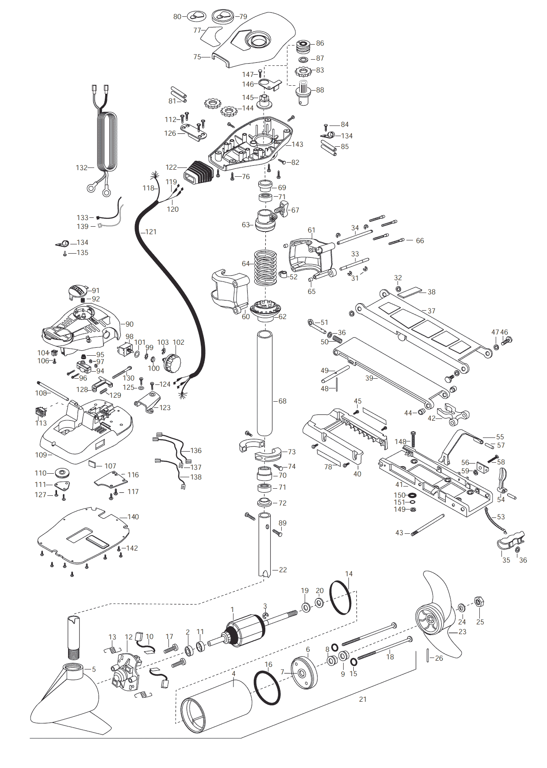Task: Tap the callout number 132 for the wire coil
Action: [x=81, y=168]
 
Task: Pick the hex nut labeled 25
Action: [x=478, y=602]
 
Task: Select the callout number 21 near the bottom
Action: [x=363, y=700]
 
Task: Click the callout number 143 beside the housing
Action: [x=298, y=144]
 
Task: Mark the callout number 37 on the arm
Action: [x=431, y=311]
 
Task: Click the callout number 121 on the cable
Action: [x=151, y=232]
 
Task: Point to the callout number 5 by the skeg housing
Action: [x=94, y=670]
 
